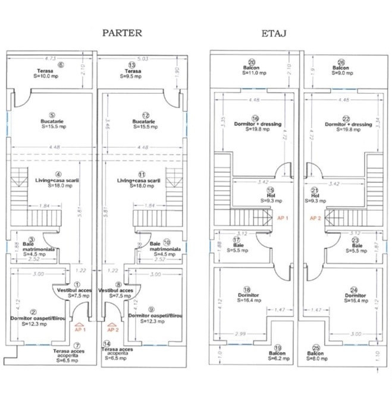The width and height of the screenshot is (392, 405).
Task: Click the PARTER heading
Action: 122,33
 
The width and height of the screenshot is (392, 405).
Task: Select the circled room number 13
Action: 133,64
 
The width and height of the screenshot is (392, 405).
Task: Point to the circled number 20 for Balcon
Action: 252,62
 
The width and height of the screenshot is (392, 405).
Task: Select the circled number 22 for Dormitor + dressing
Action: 340,118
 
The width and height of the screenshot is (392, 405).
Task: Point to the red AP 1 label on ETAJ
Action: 282,218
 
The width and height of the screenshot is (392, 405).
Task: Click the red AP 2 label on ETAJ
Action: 316,218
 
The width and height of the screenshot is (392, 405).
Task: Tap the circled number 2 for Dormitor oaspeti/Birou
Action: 34,312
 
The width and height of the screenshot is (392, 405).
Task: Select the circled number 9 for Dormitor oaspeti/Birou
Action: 151,309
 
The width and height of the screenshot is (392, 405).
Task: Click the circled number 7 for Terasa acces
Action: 76,345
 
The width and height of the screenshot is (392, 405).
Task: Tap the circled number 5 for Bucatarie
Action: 52,116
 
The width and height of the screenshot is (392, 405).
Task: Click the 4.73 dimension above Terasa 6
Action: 51,58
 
